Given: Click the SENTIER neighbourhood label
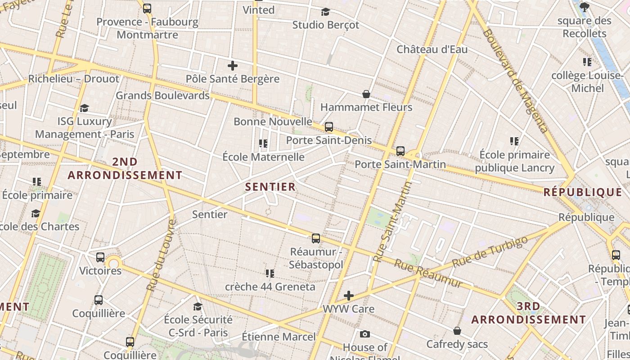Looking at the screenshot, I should pos(270,186).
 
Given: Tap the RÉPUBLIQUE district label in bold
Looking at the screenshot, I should pos(583,192).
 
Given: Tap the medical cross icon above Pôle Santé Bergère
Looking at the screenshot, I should pos(233,66).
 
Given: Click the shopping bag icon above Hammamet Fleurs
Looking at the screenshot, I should pos(366,94).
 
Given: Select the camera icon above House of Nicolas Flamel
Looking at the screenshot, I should pos(365,334).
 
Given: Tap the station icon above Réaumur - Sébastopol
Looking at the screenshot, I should pos(316,238).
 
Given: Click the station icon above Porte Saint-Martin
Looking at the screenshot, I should pos(400,151).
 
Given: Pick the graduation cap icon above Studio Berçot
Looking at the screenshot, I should pos(325,12).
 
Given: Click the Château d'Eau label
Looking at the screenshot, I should pos(432,49).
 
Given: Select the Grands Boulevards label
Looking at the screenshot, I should pos(163,95).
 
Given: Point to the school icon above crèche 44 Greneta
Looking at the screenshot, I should pos(270,273).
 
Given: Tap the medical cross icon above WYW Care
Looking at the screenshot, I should pos(349,296).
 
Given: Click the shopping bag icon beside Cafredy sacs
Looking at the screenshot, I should pos(457,331).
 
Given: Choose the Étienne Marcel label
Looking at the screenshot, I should pos(279,337).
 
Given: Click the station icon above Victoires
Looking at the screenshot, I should pos(100,257).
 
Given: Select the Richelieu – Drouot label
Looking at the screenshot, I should pos(74,79).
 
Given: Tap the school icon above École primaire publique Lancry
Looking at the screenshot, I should pos(514,141).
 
